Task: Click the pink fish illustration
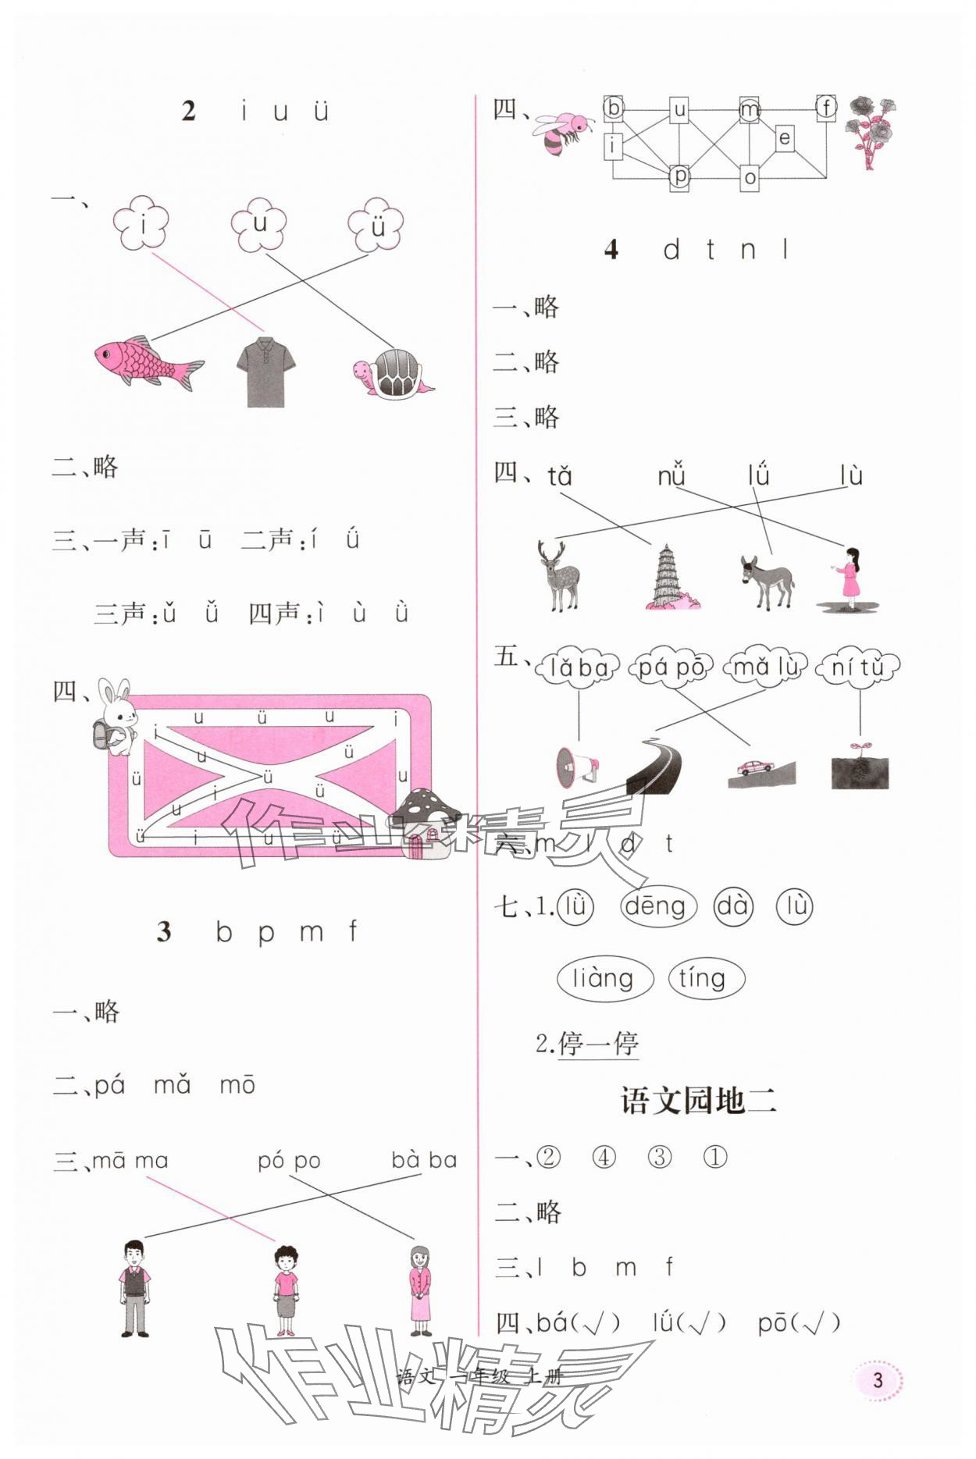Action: coord(148,362)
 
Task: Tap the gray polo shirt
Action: coord(265,372)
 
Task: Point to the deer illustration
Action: coord(559,576)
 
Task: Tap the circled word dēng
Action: coord(656,906)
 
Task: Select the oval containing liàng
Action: coord(604,978)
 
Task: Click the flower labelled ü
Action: coord(376,225)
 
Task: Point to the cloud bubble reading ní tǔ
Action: coord(857,667)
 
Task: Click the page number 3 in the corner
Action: coord(878,1379)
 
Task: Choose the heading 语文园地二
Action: coord(698,1100)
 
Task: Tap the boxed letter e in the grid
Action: coord(785,139)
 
